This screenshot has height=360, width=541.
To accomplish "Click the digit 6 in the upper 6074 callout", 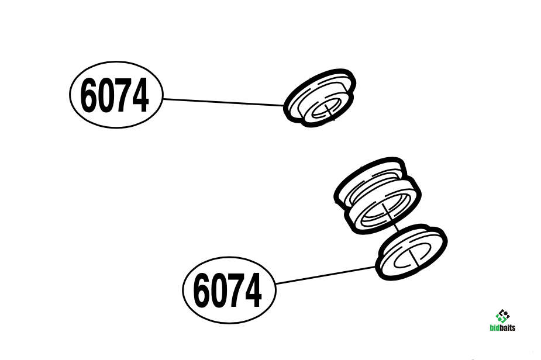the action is point(88,95).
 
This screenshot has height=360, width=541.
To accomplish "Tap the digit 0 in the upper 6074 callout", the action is point(104,95).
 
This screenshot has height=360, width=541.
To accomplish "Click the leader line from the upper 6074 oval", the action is point(223,102).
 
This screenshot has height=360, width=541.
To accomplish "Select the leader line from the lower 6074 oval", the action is point(326,275).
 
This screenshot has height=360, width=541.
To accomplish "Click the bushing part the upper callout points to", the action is point(319,98).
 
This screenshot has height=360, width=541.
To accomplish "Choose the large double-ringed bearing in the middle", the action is point(377,196).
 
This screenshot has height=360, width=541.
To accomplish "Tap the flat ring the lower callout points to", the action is point(411,252).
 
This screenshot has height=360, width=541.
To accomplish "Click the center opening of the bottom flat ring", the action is point(413,256).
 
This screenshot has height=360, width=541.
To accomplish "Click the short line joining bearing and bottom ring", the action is point(396,227).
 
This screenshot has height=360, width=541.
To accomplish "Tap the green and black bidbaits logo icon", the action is point(502,316).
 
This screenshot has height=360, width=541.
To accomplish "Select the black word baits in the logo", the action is point(508,327).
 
